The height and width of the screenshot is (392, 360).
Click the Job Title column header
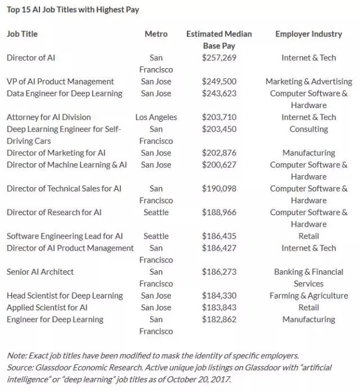(x=22, y=34)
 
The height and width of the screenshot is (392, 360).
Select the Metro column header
(x=156, y=34)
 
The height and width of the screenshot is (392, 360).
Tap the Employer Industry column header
(x=308, y=34)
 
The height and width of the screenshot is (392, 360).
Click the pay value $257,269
(x=219, y=57)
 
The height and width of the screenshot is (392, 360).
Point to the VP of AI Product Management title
(x=60, y=81)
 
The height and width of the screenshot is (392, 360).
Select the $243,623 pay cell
(x=219, y=93)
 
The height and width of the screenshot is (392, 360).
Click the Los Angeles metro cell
(x=156, y=117)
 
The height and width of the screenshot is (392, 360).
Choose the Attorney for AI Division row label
(x=48, y=117)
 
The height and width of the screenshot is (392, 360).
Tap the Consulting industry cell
(x=308, y=129)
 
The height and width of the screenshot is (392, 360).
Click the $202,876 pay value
(x=219, y=153)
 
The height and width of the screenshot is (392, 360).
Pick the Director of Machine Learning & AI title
(x=66, y=164)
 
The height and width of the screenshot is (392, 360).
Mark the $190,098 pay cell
(x=219, y=188)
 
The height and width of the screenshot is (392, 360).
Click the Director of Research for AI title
(x=54, y=212)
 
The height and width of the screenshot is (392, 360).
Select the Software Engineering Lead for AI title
(x=65, y=236)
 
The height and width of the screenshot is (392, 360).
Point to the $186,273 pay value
(x=219, y=271)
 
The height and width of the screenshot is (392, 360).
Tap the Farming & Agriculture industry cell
(x=308, y=296)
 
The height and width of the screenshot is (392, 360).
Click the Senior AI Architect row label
(x=40, y=271)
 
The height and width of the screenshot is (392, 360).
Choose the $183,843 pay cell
(x=219, y=308)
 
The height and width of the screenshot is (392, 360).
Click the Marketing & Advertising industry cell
(x=308, y=81)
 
